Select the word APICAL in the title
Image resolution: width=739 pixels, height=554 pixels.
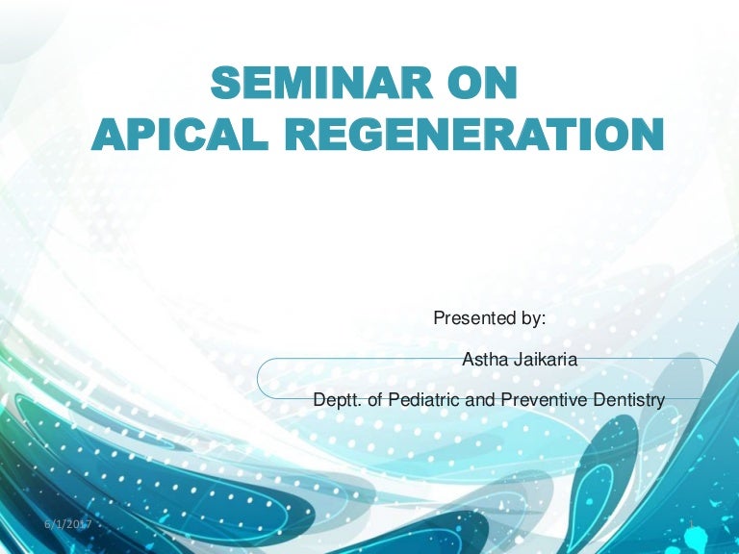coord(180,134)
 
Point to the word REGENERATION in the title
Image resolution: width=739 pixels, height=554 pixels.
coord(474,134)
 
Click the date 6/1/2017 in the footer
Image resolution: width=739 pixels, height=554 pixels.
coord(68,524)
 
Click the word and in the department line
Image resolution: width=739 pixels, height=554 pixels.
coord(480,400)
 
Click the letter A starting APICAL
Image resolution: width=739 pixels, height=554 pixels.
coord(109,135)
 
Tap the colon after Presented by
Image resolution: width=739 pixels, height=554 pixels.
coord(543,320)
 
